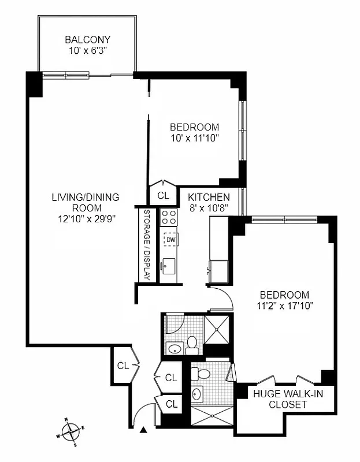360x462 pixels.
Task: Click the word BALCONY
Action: point(87,40)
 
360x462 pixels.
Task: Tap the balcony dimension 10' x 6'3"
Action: point(87,50)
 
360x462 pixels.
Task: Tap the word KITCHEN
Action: point(209,197)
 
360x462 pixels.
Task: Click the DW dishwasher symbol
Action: point(170,238)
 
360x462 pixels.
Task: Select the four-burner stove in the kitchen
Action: point(169,217)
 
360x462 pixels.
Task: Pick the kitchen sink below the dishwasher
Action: point(169,266)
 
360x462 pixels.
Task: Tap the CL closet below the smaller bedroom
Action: point(164,196)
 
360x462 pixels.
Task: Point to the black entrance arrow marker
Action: point(143,429)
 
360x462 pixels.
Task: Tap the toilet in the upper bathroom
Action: point(192,345)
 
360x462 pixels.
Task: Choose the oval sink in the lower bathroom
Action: point(196,394)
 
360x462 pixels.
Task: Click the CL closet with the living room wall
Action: point(123,365)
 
